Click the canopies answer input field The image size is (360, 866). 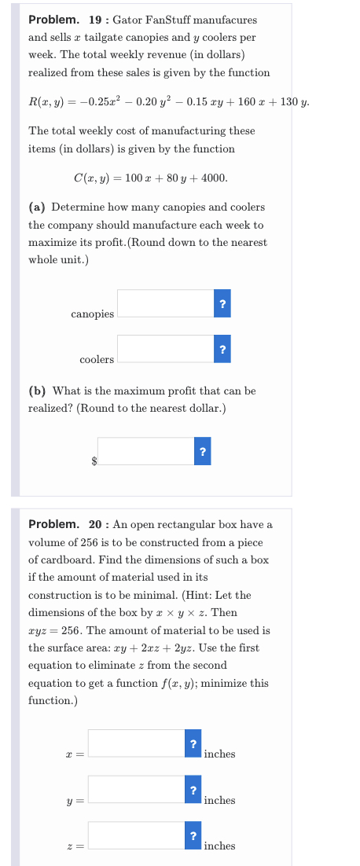tap(165, 303)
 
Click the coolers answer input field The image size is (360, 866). tap(165, 349)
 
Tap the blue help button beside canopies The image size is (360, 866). tap(223, 303)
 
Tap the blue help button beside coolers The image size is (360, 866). tap(223, 349)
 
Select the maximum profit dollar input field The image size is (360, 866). tap(145, 451)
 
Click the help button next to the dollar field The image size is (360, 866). tap(203, 451)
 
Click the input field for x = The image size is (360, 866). tap(136, 743)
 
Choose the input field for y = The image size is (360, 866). tap(136, 789)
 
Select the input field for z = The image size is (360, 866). tap(136, 835)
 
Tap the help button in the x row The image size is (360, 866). tap(193, 743)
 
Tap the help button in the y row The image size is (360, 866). tap(193, 789)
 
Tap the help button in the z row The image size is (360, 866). tap(193, 835)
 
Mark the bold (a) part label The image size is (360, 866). tap(36, 207)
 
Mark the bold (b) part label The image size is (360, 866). tap(36, 391)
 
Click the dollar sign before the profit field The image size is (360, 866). tap(94, 460)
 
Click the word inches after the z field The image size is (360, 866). tap(219, 846)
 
